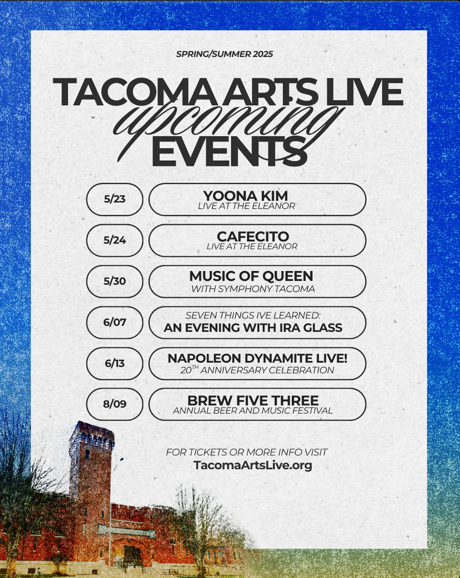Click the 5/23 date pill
[x=115, y=199]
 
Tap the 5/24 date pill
[x=115, y=240]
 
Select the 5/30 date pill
[x=115, y=281]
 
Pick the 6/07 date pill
[x=115, y=322]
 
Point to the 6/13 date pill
[x=115, y=363]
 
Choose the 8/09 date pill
[x=115, y=404]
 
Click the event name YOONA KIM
[x=245, y=195]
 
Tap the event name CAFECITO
[x=253, y=237]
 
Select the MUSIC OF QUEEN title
[x=251, y=276]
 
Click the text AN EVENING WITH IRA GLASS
[x=253, y=328]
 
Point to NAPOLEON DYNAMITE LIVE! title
[x=257, y=358]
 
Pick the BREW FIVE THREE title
[x=253, y=401]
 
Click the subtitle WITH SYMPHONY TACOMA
[x=253, y=289]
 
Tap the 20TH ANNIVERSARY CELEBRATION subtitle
[x=257, y=370]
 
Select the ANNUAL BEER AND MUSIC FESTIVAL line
[x=253, y=410]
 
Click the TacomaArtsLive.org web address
[x=252, y=465]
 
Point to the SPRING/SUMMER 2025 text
[x=224, y=54]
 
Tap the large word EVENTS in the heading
[x=230, y=152]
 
